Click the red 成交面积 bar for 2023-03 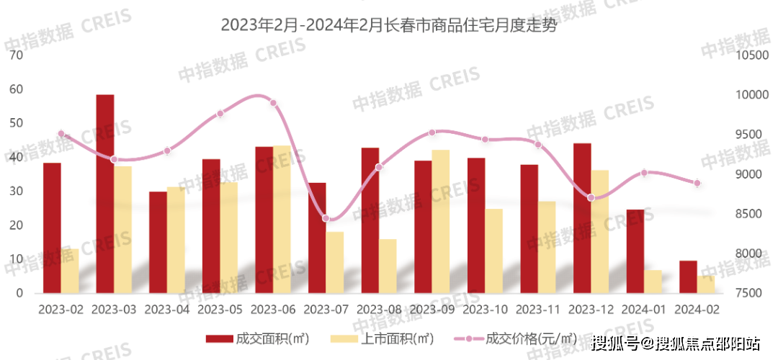click(105, 194)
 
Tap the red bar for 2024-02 click(688, 277)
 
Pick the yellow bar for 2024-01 click(653, 282)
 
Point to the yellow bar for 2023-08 click(388, 266)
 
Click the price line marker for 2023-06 click(273, 103)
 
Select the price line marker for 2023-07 click(326, 218)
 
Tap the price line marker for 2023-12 click(591, 197)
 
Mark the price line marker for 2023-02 click(61, 134)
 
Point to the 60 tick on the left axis click(15, 89)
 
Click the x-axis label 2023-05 click(220, 310)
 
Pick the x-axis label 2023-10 click(485, 310)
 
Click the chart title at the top click(388, 27)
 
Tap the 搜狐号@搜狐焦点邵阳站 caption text click(675, 342)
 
